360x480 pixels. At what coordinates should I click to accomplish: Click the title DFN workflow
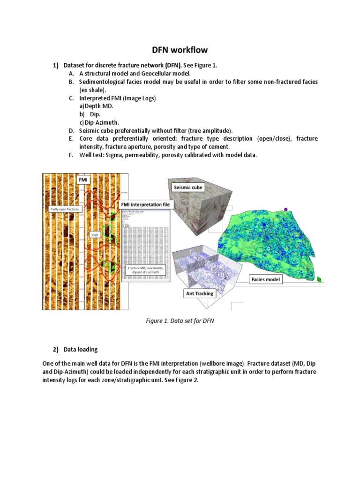[x=180, y=50]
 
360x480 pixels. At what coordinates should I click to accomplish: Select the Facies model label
[x=266, y=279]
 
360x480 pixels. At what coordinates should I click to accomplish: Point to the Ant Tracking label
[x=199, y=293]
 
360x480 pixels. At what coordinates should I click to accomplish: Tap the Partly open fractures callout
[x=65, y=209]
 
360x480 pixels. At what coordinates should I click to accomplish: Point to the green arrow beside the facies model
[x=319, y=279]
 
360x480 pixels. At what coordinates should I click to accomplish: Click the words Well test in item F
[x=91, y=155]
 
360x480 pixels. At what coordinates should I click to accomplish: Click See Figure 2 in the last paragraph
[x=181, y=380]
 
